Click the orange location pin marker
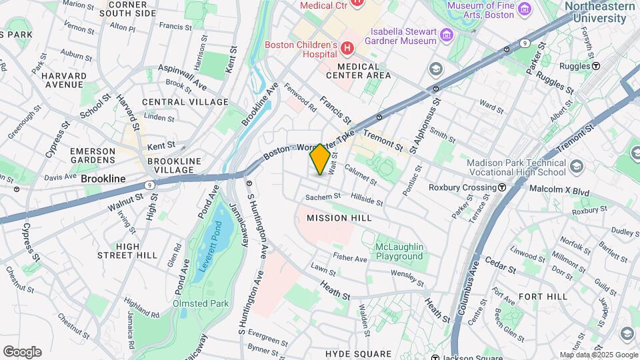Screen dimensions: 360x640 (x=320, y=159)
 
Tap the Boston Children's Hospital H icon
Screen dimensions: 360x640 (x=347, y=48)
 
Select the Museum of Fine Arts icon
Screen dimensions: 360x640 (x=524, y=9)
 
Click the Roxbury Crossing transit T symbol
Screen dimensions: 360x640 (x=501, y=187)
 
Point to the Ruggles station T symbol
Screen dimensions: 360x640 (x=596, y=66)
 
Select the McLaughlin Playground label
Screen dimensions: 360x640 (x=399, y=251)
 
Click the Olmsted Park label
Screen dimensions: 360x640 (x=201, y=303)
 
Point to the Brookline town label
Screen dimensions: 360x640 (x=103, y=179)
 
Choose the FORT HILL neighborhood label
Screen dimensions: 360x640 (x=543, y=296)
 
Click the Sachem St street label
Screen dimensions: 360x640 (x=323, y=197)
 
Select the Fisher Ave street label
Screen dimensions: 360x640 (x=350, y=258)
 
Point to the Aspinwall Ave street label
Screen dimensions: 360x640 (x=182, y=78)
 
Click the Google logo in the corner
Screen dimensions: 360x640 (x=22, y=352)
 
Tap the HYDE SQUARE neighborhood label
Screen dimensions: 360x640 (x=358, y=353)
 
